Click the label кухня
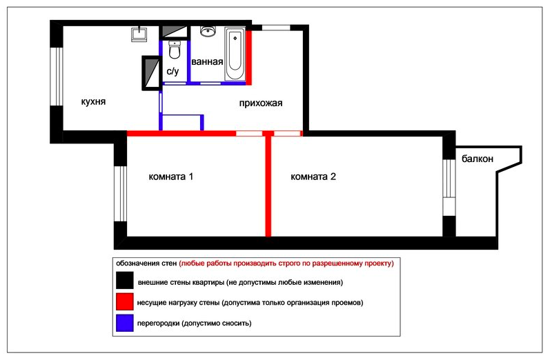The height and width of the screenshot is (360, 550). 93,102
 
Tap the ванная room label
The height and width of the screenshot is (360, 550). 207,61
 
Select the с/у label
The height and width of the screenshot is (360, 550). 173,71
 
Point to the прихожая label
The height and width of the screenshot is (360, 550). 261,103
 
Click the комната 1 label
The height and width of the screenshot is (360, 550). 171,177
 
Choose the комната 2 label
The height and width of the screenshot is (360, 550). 313,177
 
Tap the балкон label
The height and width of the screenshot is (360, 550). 478,159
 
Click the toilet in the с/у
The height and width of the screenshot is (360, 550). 175,50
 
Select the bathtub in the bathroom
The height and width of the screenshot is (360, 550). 235,54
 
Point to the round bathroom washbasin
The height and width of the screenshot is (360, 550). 208,32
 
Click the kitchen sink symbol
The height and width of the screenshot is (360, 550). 139,34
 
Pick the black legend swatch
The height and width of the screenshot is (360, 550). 124,280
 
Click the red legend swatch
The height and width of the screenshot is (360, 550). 124,301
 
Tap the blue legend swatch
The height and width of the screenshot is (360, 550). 124,323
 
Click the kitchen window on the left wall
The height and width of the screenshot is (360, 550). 56,77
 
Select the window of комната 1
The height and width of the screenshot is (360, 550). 120,194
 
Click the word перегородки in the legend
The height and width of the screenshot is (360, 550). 159,323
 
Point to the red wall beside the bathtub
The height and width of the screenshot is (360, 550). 248,58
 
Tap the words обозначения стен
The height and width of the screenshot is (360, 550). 146,263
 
